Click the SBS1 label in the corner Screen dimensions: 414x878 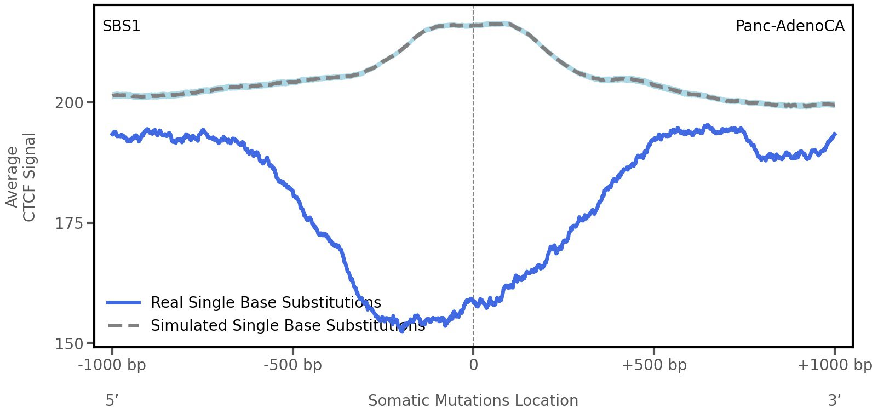click(x=121, y=26)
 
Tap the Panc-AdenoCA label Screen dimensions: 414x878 click(x=789, y=26)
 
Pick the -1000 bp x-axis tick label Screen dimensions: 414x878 click(x=112, y=365)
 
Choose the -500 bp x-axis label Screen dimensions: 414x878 click(x=292, y=365)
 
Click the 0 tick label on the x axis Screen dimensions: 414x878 click(x=473, y=365)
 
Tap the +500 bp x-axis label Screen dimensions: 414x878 click(x=654, y=365)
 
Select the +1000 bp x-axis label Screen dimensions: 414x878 click(x=834, y=365)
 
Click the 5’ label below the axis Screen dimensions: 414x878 click(x=112, y=400)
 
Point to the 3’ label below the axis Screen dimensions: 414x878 click(x=834, y=400)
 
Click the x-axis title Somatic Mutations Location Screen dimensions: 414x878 click(x=473, y=400)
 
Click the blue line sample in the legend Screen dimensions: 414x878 click(x=124, y=302)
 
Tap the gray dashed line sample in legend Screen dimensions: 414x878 click(x=124, y=325)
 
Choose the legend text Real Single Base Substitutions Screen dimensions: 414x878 click(x=266, y=302)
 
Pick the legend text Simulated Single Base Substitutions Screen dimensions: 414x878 click(x=288, y=325)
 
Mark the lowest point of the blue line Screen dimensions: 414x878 click(x=402, y=330)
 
